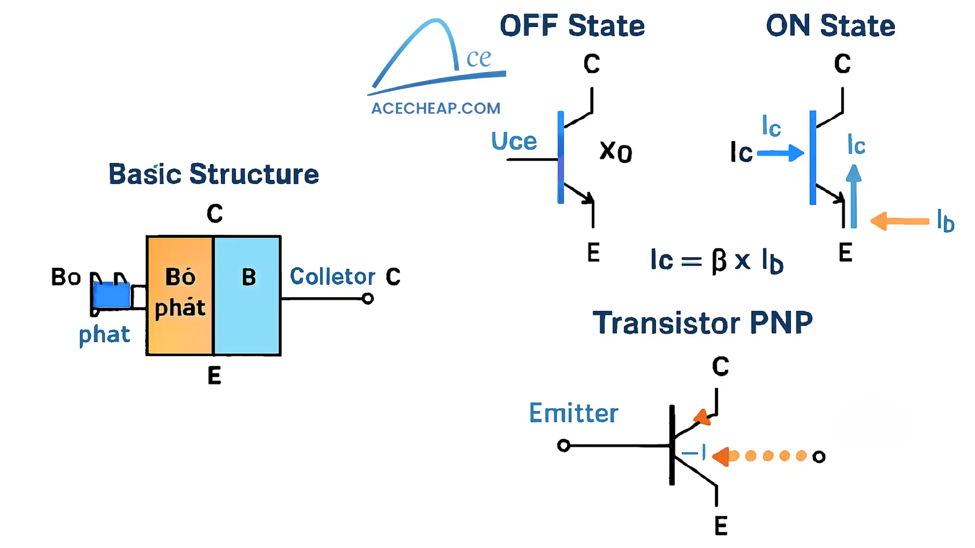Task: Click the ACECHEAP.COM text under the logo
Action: click(x=436, y=108)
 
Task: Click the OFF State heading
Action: click(x=572, y=26)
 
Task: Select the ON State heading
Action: click(x=830, y=26)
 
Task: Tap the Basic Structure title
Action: click(x=214, y=174)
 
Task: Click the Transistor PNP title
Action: click(x=702, y=323)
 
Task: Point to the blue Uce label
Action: click(x=514, y=141)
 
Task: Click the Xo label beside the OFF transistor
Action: click(x=615, y=152)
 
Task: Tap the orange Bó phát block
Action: click(x=180, y=296)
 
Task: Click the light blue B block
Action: click(x=247, y=296)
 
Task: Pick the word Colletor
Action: click(x=332, y=276)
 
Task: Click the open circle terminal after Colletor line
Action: click(x=368, y=299)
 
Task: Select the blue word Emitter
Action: click(x=573, y=413)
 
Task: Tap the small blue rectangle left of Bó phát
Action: click(x=111, y=295)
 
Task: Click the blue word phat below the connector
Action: click(x=104, y=335)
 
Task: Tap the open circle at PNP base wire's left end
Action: click(x=564, y=445)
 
